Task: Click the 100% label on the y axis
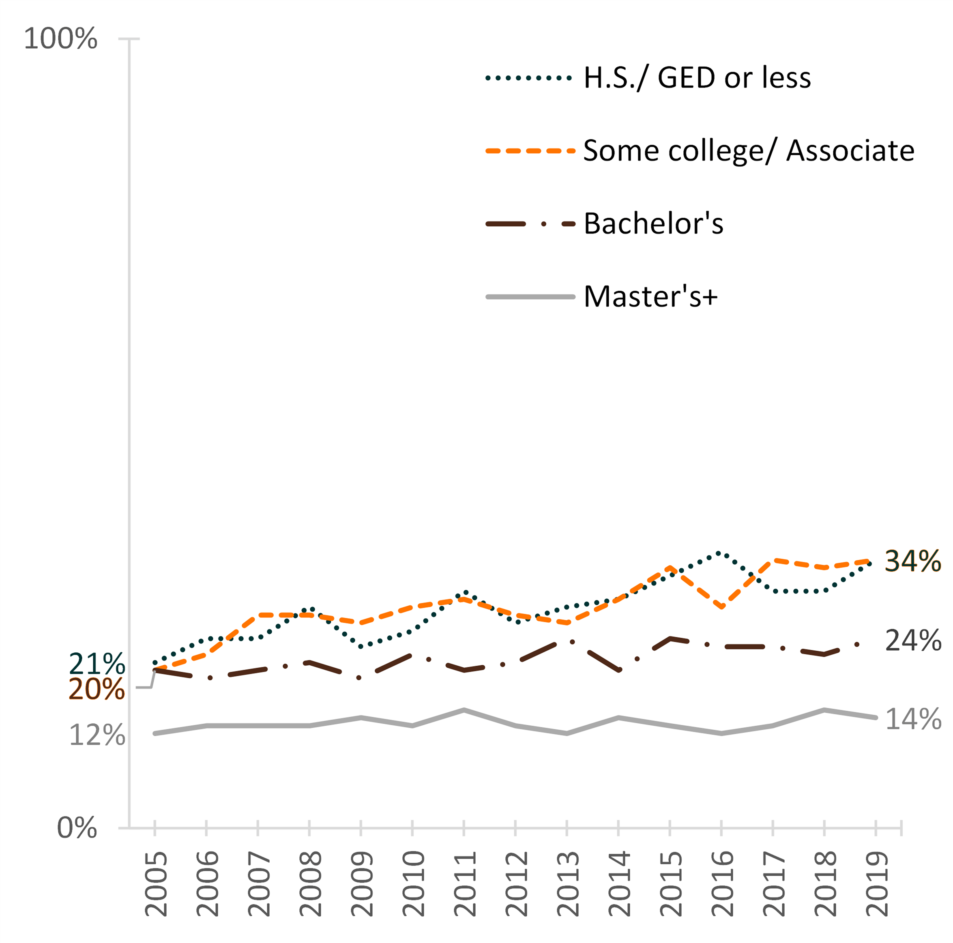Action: [x=60, y=39]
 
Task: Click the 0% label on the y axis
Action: [x=77, y=827]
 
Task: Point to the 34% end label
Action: [x=913, y=561]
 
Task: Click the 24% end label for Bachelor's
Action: [x=913, y=641]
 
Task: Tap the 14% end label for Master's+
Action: [x=913, y=719]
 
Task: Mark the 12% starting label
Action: [x=97, y=735]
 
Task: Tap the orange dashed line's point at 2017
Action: [x=773, y=560]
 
